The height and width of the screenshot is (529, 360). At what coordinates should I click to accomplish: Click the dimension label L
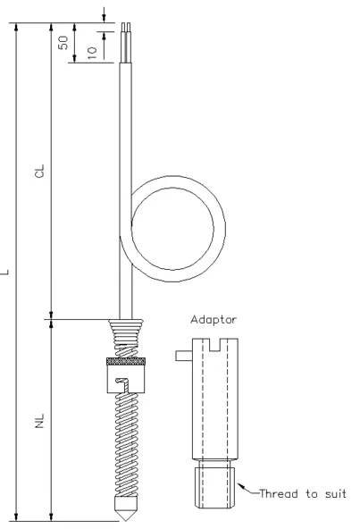pyautogui.click(x=7, y=270)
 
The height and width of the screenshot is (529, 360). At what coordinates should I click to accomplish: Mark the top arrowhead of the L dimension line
pyautogui.click(x=17, y=27)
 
